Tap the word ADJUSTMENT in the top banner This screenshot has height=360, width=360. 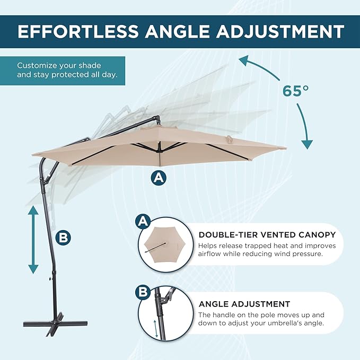[280, 31]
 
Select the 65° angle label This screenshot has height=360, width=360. [295, 91]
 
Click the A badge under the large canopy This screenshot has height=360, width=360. [159, 178]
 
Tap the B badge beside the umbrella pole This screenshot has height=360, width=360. [63, 238]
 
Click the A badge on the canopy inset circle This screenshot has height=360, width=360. [143, 222]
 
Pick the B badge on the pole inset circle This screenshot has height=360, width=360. [143, 292]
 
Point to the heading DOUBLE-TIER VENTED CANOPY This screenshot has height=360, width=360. [267, 235]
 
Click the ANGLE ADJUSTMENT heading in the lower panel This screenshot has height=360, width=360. [244, 304]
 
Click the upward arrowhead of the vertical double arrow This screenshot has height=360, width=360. [33, 210]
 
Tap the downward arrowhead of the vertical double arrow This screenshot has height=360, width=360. [33, 269]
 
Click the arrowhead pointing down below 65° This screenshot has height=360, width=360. [307, 145]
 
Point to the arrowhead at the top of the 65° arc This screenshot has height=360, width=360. [244, 60]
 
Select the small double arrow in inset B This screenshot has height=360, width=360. [156, 329]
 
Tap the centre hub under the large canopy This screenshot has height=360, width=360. [158, 149]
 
